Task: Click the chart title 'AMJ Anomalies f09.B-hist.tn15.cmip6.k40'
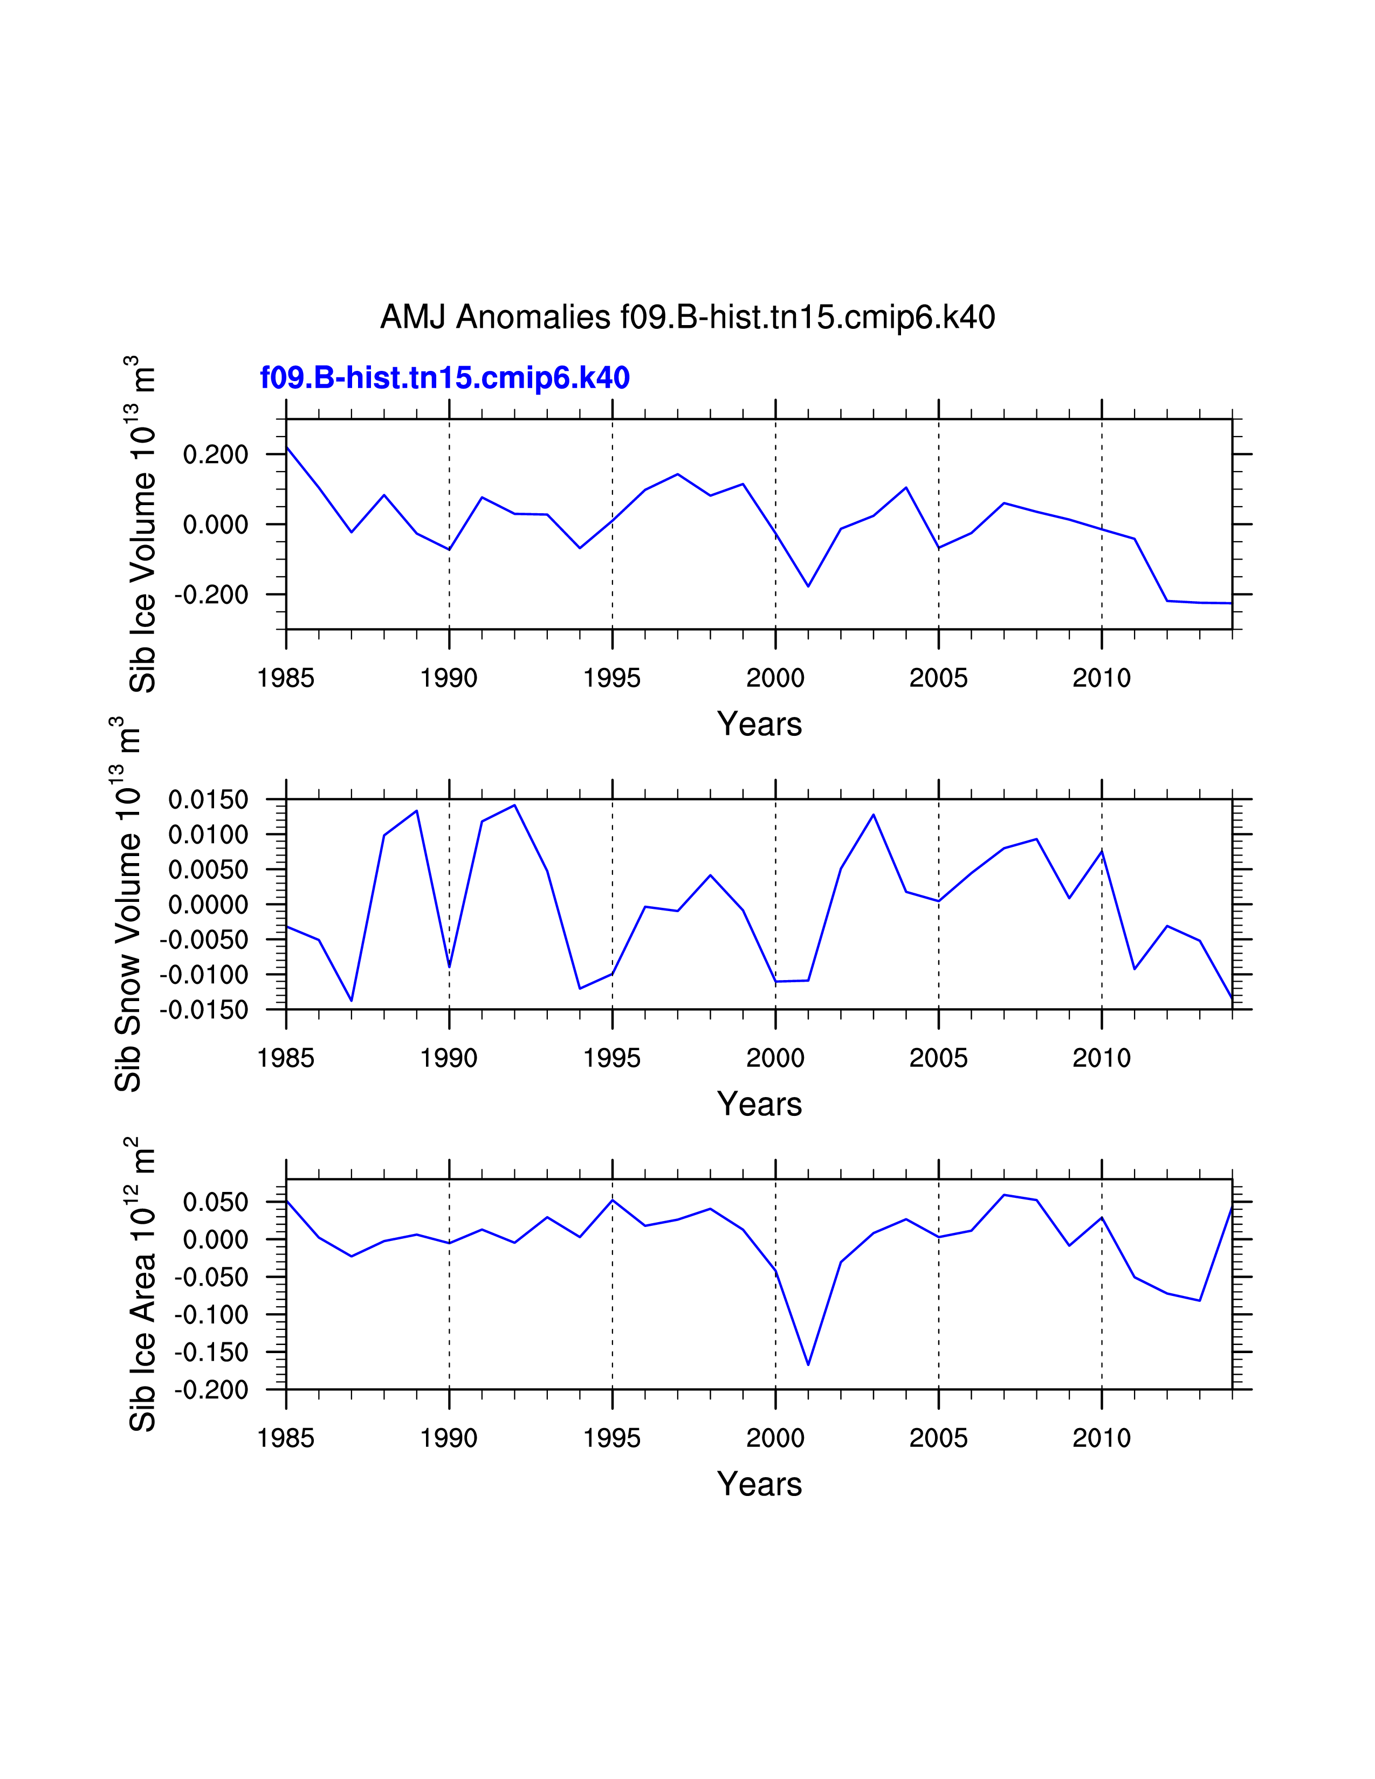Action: [x=687, y=317]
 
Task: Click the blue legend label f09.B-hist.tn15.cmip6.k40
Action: [x=445, y=378]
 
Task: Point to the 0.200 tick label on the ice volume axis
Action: [x=215, y=454]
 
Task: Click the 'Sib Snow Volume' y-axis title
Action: [x=128, y=904]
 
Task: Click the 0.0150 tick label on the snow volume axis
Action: [x=208, y=800]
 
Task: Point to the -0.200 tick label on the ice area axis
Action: [x=211, y=1390]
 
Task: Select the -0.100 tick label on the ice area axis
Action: [x=211, y=1315]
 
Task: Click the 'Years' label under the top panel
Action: [x=759, y=724]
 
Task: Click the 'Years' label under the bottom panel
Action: [x=759, y=1484]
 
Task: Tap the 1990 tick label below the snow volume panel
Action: [x=449, y=1058]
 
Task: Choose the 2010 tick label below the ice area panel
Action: [x=1101, y=1438]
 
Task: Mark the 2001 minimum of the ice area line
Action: [x=808, y=1364]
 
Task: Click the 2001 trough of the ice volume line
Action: [x=808, y=585]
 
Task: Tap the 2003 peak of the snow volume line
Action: [x=873, y=815]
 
